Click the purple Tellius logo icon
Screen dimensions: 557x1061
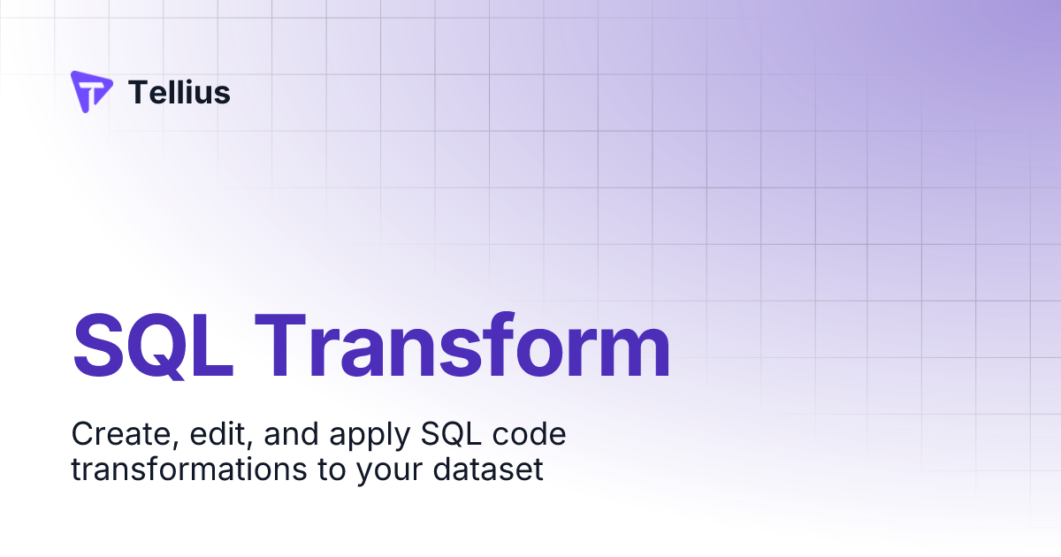click(x=91, y=92)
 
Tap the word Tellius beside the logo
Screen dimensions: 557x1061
click(x=179, y=92)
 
